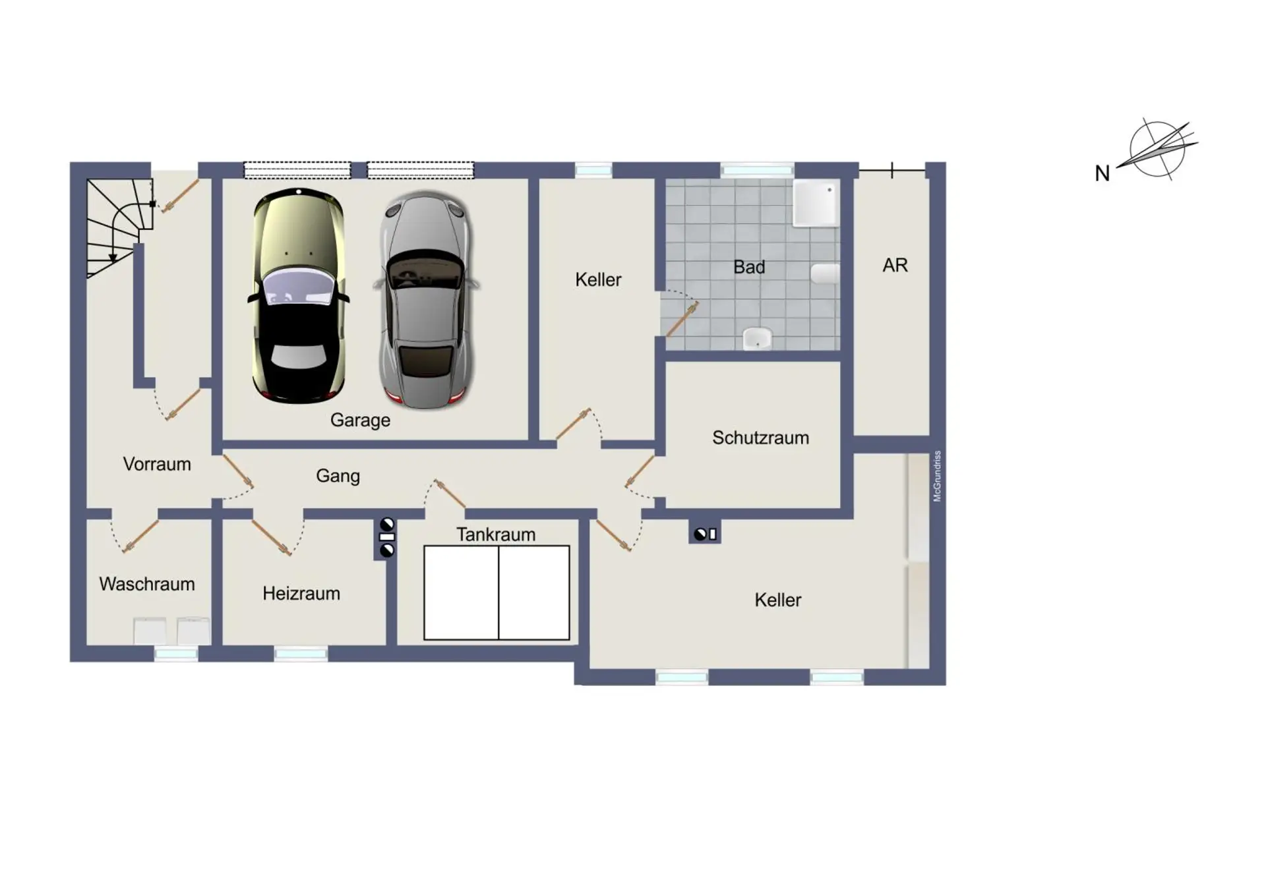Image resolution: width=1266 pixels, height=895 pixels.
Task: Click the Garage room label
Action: tap(360, 420)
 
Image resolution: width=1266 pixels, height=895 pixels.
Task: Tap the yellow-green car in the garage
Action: tap(299, 295)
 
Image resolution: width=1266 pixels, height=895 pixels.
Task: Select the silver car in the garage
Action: tap(427, 300)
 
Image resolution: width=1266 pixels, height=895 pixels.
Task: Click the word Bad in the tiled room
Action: tap(749, 267)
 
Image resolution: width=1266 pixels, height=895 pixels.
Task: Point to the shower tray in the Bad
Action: tap(816, 204)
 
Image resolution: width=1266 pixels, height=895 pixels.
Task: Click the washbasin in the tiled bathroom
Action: tap(758, 339)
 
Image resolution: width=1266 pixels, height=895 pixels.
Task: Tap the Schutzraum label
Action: tap(760, 438)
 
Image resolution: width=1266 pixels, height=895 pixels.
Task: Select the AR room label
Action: tap(895, 265)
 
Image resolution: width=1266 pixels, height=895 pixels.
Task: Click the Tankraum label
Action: tap(496, 534)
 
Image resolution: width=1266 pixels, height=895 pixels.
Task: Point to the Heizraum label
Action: tap(301, 593)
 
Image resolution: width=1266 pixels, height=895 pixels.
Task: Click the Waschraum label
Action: tap(147, 584)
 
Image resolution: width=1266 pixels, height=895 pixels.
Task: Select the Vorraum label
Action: tap(157, 464)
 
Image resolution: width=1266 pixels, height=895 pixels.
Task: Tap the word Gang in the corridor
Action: tap(338, 476)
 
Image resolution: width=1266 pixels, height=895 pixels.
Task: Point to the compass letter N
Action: tap(1102, 173)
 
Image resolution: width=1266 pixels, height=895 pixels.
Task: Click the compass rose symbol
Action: tap(1157, 150)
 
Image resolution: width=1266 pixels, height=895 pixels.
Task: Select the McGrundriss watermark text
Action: tap(937, 476)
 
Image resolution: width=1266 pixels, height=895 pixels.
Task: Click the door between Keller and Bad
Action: tap(681, 319)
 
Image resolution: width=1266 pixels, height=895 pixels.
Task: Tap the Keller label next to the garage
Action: tap(598, 280)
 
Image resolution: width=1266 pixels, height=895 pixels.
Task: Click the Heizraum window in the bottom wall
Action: tap(301, 654)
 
